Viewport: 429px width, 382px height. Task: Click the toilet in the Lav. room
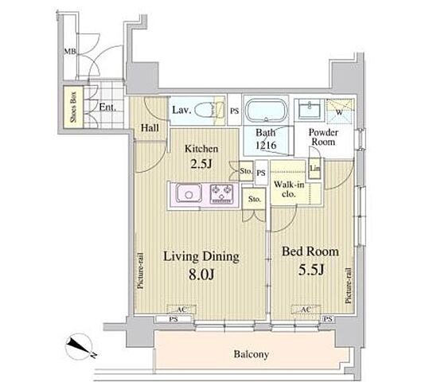(x=209, y=110)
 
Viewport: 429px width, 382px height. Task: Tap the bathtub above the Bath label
(x=266, y=111)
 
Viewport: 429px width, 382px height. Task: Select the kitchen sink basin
(x=189, y=193)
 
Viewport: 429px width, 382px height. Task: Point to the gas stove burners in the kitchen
(x=222, y=193)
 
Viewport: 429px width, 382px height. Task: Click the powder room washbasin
(x=310, y=110)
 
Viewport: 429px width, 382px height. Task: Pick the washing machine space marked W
(x=340, y=111)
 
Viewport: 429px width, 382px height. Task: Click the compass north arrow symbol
(x=80, y=347)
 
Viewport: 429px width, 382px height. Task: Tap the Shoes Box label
(x=73, y=107)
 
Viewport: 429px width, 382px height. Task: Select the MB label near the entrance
(x=70, y=51)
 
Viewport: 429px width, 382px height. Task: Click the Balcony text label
(x=252, y=354)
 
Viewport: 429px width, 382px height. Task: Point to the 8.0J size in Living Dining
(x=201, y=275)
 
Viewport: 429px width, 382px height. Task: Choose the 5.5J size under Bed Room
(x=311, y=270)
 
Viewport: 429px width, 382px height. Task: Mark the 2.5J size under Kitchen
(x=201, y=164)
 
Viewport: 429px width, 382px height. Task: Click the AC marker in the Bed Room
(x=306, y=310)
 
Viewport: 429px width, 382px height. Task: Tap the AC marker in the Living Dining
(x=181, y=310)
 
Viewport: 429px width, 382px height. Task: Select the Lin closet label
(x=315, y=168)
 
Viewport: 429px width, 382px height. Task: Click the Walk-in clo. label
(x=289, y=189)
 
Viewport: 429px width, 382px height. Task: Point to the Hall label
(x=150, y=128)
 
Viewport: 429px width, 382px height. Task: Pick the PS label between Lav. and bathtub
(x=235, y=111)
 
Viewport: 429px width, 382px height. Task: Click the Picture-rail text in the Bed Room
(x=348, y=286)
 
